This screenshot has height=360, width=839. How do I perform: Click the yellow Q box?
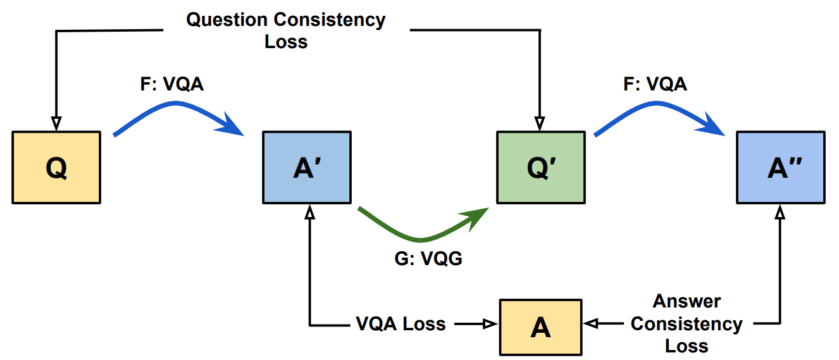(x=56, y=168)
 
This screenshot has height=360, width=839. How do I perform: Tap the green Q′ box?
(x=540, y=168)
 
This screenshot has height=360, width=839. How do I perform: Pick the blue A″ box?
(x=781, y=168)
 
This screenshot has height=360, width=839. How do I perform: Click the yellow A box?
(x=540, y=326)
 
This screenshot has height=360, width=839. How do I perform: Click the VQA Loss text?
(x=401, y=325)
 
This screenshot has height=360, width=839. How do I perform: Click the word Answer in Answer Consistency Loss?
(x=687, y=301)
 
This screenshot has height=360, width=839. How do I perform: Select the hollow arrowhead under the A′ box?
(x=309, y=213)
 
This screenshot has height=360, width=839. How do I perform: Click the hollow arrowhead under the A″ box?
(x=780, y=213)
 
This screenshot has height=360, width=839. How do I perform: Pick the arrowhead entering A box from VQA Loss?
(x=489, y=325)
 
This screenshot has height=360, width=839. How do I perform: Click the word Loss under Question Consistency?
(x=286, y=42)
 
